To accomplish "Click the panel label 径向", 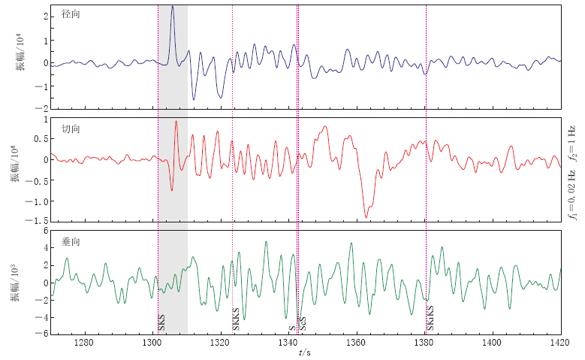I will (71, 14).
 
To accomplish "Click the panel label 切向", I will (71, 129).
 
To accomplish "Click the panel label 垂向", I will (71, 244).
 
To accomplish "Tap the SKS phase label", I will (162, 324).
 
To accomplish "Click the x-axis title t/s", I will (304, 352).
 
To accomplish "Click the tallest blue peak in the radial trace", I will (172, 8).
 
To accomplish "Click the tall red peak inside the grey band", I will (176, 122).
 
